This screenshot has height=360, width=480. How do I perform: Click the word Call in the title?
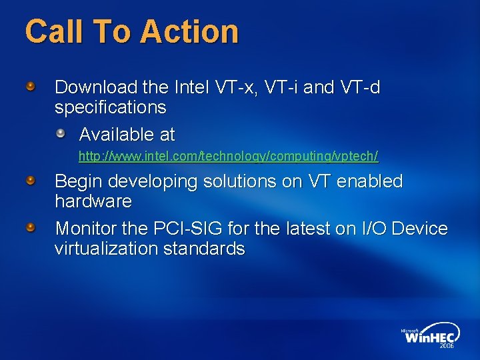click(x=52, y=31)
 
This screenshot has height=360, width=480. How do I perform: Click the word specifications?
click(x=110, y=107)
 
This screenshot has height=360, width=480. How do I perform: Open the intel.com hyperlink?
click(x=228, y=157)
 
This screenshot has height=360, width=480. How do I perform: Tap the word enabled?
click(x=371, y=181)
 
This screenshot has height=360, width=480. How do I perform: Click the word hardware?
click(x=93, y=201)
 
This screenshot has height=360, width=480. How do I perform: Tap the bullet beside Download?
click(x=31, y=86)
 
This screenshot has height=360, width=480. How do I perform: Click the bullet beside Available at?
click(x=61, y=133)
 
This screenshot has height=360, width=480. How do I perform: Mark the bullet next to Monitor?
click(x=31, y=228)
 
